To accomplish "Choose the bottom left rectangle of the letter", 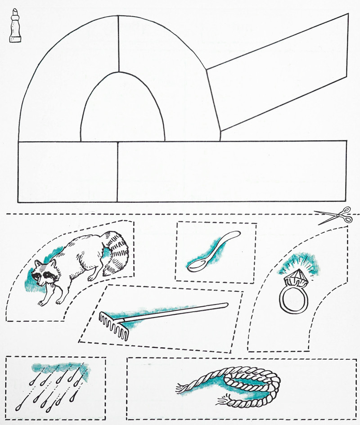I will pos(67,171).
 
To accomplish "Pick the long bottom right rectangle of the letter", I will pos(232,171).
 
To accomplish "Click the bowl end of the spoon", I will pos(196,265).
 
